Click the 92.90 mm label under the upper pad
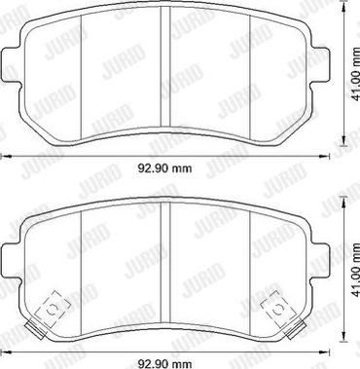(x=164, y=168)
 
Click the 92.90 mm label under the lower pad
(x=164, y=363)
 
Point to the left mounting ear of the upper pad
(x=12, y=66)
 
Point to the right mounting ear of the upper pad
(x=321, y=66)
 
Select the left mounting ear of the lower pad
(x=12, y=261)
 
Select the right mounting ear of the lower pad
(x=321, y=261)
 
